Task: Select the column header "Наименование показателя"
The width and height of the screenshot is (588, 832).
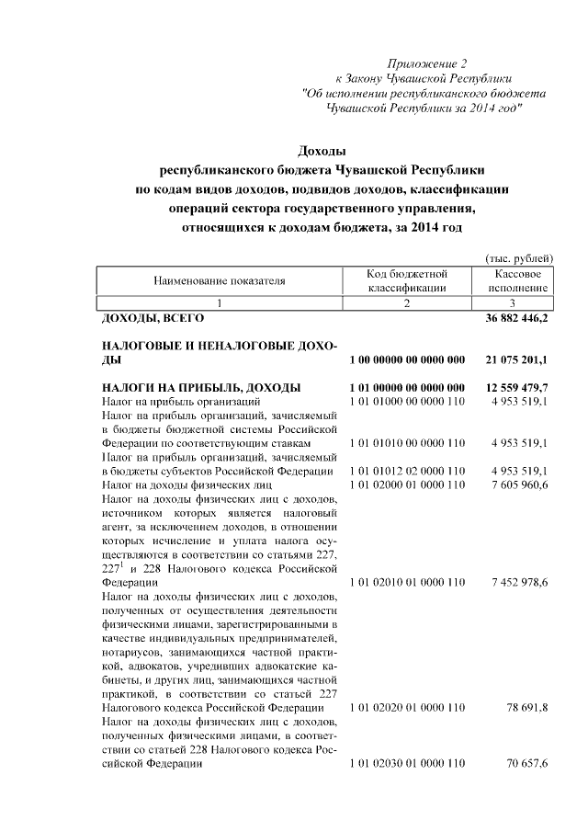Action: [x=220, y=280]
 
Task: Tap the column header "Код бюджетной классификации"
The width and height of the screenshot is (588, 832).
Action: [x=406, y=280]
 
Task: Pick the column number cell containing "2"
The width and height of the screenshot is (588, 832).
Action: [x=406, y=303]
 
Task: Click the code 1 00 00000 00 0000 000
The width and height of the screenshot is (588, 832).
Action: [x=406, y=360]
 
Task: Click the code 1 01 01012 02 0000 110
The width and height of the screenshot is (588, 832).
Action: [x=406, y=471]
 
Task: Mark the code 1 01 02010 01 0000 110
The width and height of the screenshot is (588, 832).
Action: [x=406, y=582]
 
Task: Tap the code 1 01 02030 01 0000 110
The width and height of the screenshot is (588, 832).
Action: [x=406, y=763]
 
